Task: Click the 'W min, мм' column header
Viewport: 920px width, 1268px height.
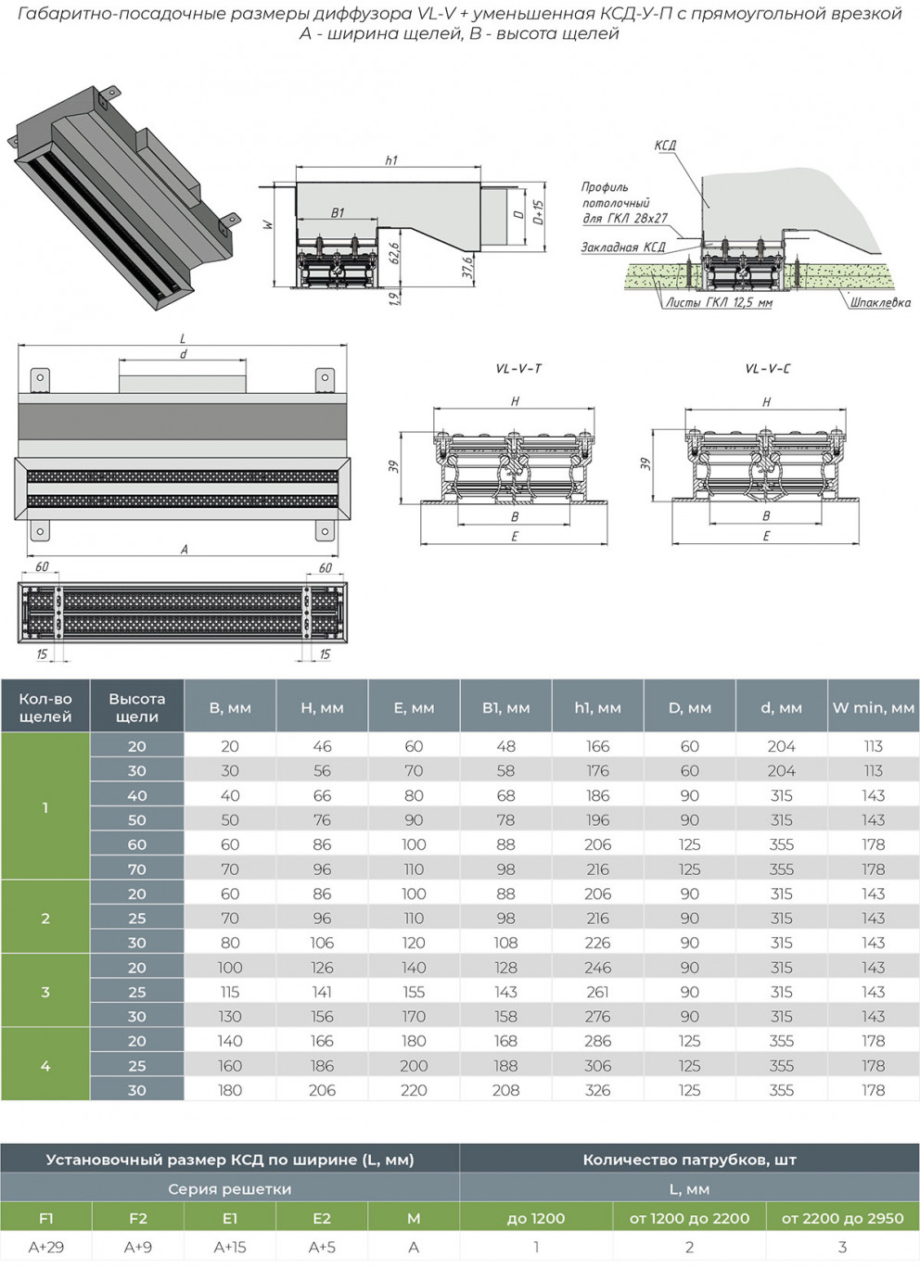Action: pos(873,707)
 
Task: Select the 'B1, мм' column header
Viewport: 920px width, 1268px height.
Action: pos(505,707)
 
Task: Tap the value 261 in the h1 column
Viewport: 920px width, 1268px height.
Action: pos(597,992)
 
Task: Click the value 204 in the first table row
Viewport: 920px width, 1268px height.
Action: pos(781,746)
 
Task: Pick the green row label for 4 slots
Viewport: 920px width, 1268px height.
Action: pos(45,1066)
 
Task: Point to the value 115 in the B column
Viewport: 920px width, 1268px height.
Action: pos(230,992)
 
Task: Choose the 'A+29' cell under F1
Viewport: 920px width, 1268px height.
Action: pos(46,1248)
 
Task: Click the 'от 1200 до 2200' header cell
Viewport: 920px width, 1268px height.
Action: pos(689,1218)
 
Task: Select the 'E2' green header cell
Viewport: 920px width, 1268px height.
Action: pos(322,1218)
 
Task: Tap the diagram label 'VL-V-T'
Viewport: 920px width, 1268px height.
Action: pos(518,369)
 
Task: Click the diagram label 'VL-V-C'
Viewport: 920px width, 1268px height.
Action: pos(768,369)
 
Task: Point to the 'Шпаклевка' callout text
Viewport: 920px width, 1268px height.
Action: pos(880,302)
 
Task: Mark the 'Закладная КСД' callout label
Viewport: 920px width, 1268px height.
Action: pos(623,247)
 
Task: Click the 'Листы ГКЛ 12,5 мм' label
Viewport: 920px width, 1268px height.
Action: pos(719,303)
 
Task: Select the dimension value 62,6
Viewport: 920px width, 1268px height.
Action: pos(394,252)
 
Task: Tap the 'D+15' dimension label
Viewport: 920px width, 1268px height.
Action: pos(539,214)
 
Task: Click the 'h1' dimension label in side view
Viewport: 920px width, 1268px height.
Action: pos(391,160)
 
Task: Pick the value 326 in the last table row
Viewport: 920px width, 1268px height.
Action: pos(597,1090)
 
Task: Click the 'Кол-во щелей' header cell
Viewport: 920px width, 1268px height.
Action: pos(45,707)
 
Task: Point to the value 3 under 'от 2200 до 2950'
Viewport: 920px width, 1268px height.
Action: pos(842,1248)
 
